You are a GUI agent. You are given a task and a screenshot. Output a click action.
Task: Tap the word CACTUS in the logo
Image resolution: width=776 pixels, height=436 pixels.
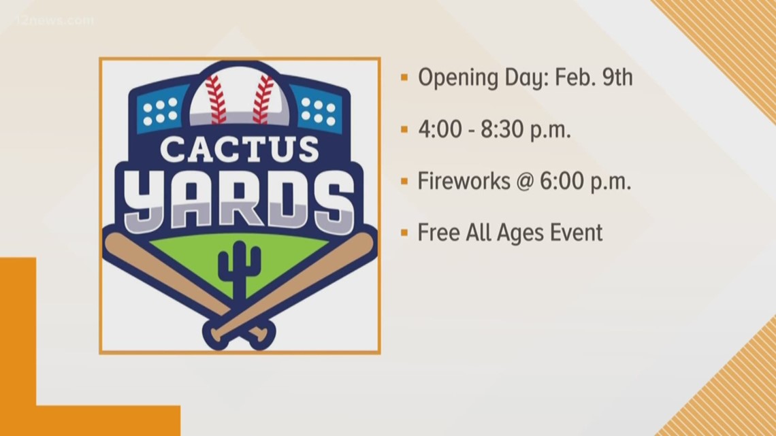point(239,148)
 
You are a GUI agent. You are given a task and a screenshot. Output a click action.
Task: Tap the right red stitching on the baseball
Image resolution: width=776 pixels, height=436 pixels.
point(263,98)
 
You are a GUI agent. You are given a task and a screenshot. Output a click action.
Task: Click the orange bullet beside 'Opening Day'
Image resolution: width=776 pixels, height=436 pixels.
point(404,78)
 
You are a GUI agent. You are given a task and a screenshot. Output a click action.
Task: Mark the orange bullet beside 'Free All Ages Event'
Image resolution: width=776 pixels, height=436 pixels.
point(404,233)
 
